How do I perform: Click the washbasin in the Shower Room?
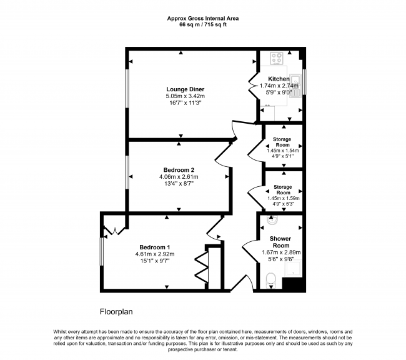pyautogui.click(x=271, y=222)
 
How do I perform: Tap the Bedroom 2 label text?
pyautogui.click(x=179, y=170)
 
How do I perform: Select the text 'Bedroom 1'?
pyautogui.click(x=155, y=246)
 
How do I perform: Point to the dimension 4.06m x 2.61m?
pyautogui.click(x=179, y=177)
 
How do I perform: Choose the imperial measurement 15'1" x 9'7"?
pyautogui.click(x=155, y=261)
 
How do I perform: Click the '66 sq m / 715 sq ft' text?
pyautogui.click(x=202, y=26)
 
